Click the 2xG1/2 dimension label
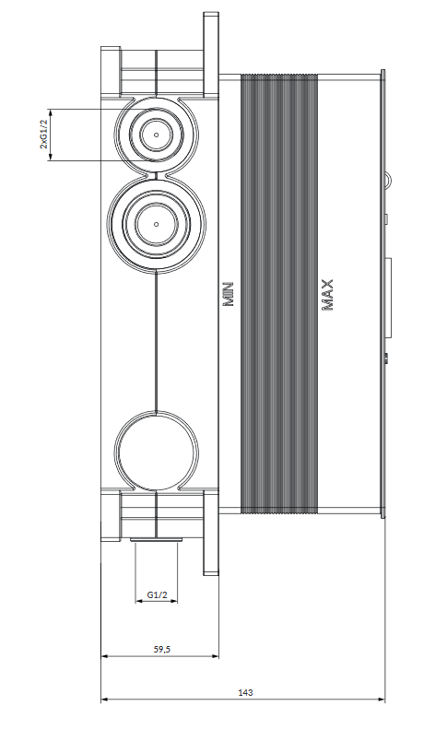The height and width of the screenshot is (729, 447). [x=43, y=134]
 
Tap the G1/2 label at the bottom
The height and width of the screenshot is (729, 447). [x=157, y=595]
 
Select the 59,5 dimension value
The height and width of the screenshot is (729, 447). [x=160, y=649]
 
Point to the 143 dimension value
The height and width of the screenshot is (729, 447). [x=245, y=691]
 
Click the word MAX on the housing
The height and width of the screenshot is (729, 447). [x=327, y=294]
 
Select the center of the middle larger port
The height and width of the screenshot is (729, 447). [x=156, y=222]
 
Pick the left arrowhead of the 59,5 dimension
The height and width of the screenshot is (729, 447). [x=104, y=657]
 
